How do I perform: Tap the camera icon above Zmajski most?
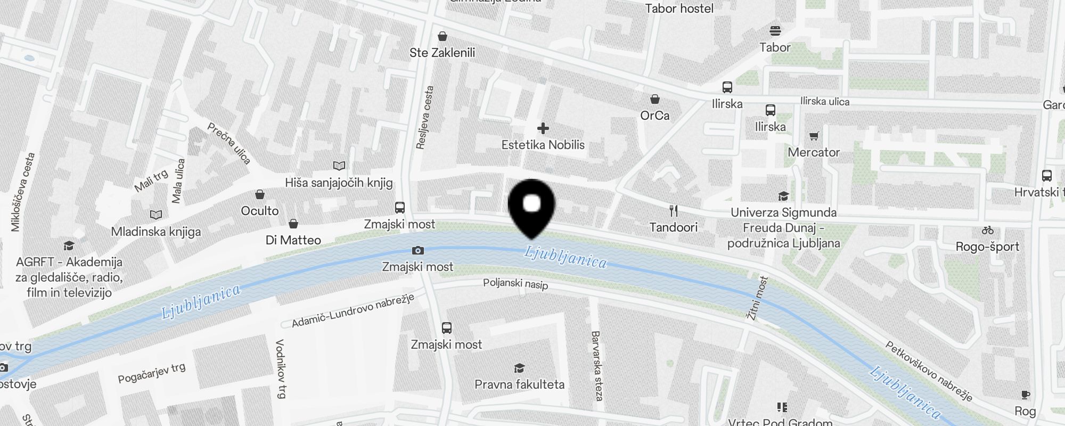pos(418,250)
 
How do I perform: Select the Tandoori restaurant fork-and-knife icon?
pos(674,211)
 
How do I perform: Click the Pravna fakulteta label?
pos(519,384)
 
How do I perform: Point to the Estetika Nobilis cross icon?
pos(543,128)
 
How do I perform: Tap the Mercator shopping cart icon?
pos(814,136)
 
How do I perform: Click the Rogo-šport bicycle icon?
pos(988,231)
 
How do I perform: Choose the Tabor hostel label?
pos(679,9)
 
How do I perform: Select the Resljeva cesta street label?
pos(425,118)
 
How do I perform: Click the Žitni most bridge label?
pos(758,298)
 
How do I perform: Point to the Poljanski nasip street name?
pos(515,284)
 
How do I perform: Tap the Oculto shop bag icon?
pos(260,194)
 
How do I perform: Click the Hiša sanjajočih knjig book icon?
pos(339,166)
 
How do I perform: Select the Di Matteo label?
pos(293,240)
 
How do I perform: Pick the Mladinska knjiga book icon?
pos(156,215)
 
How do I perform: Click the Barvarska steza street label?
pos(596,366)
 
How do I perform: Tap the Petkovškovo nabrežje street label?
pos(929,371)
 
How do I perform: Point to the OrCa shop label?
pos(655,116)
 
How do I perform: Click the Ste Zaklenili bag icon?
pos(443,36)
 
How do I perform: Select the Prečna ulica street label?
pos(229,143)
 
